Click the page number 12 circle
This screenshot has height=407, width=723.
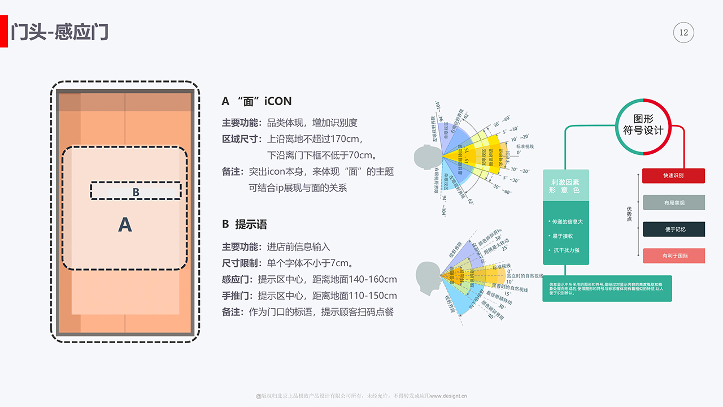point(683,33)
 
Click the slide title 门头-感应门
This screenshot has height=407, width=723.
point(60,32)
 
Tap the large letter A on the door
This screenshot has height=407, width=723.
point(125,225)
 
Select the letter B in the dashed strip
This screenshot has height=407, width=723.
point(136,192)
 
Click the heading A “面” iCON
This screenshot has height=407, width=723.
point(257,101)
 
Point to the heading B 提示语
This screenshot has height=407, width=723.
point(244,224)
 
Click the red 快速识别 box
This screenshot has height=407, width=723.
point(673,176)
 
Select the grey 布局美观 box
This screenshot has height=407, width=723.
point(673,202)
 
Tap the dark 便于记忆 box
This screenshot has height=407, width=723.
point(673,230)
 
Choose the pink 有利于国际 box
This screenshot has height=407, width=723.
point(673,256)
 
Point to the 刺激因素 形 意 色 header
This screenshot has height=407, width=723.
point(565,186)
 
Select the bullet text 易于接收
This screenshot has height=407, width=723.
point(563,236)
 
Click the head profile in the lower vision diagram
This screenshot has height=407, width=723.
point(427,276)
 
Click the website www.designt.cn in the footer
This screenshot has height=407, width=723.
point(448,396)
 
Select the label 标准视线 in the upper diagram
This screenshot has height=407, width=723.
point(525,146)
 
